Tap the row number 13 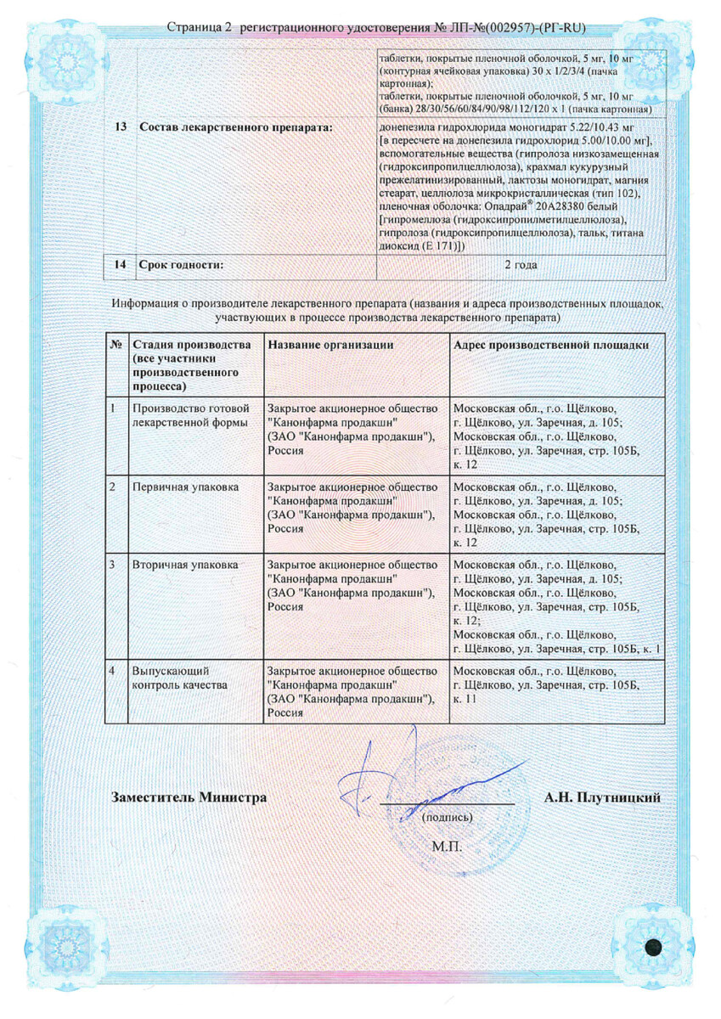click(121, 127)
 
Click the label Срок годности click(181, 265)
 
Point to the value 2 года click(521, 265)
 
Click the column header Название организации click(330, 345)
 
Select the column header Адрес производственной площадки click(551, 345)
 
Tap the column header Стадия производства click(191, 345)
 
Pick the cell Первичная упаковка click(184, 487)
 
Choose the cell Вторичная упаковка click(185, 564)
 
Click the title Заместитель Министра click(189, 797)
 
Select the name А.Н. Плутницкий click(602, 797)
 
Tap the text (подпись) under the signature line click(448, 818)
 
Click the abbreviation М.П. click(447, 847)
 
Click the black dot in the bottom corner click(654, 949)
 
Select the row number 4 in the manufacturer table click(114, 670)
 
